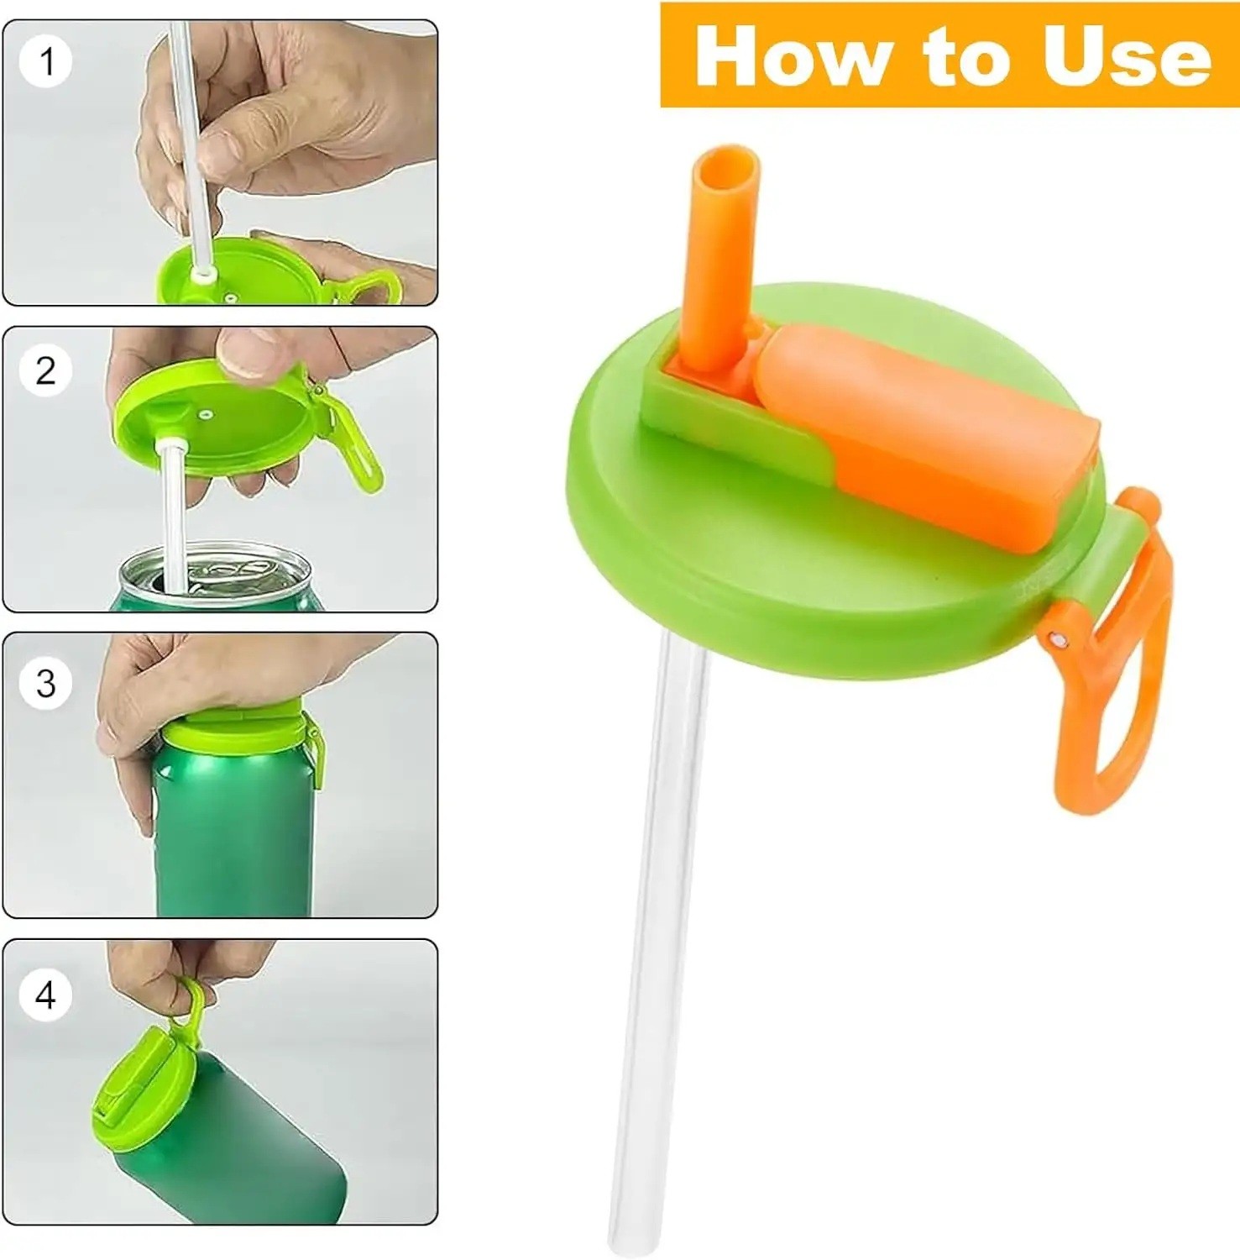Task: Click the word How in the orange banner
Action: [792, 55]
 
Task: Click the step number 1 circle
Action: [47, 61]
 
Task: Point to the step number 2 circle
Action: [46, 370]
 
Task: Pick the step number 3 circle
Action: [46, 683]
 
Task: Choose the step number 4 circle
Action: [46, 995]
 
